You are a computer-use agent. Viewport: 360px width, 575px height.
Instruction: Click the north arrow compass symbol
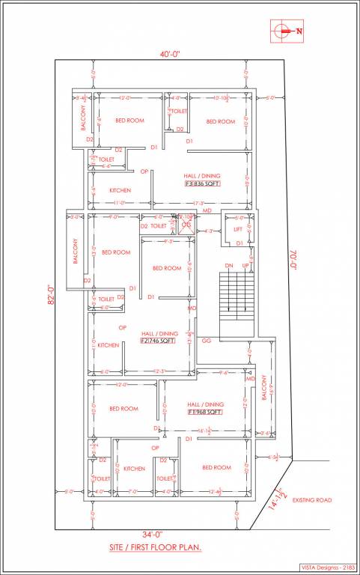tap(282, 31)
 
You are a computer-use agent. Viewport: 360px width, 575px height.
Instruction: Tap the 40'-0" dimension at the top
tap(168, 54)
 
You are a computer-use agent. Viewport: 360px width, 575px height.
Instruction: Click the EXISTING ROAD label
tap(312, 499)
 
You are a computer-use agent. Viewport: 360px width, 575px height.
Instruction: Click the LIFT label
tap(237, 229)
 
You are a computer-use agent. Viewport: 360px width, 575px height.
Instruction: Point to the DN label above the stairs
tap(230, 266)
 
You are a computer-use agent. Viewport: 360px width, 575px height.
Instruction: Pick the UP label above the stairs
tap(245, 266)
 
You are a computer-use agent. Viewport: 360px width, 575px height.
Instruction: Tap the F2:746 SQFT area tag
tap(158, 340)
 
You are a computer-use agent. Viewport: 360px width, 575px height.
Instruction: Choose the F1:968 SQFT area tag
tap(204, 411)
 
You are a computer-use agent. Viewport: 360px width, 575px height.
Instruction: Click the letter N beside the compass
tap(299, 31)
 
